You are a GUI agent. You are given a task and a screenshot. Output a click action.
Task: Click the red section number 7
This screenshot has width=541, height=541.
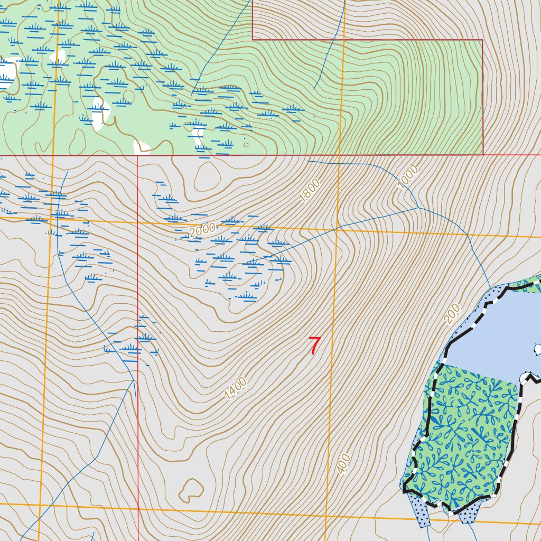pyautogui.click(x=314, y=346)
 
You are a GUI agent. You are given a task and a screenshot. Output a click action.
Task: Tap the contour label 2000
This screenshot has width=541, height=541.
pyautogui.click(x=203, y=230)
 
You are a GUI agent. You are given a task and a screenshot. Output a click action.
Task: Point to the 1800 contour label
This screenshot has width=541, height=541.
pyautogui.click(x=310, y=191)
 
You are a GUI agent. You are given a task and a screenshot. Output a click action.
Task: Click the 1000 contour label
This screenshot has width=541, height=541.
pyautogui.click(x=407, y=177)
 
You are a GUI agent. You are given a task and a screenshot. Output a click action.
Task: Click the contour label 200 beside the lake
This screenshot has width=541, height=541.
pyautogui.click(x=452, y=314)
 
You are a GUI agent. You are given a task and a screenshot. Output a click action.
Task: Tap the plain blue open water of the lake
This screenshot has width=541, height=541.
pyautogui.click(x=491, y=338)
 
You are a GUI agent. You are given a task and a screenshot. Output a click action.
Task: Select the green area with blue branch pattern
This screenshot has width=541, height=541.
pyautogui.click(x=465, y=433)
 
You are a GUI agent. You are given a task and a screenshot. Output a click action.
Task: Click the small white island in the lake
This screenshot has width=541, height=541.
pyautogui.click(x=538, y=349)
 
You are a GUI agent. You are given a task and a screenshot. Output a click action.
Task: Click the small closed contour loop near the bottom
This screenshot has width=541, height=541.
pyautogui.click(x=191, y=490)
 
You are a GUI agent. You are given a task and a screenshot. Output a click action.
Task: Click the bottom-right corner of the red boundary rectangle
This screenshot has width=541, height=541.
pyautogui.click(x=483, y=155)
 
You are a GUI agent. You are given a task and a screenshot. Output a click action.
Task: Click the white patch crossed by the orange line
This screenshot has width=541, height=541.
pyautogui.click(x=58, y=57)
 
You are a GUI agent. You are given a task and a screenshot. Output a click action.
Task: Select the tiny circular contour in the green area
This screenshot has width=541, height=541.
pyautogui.click(x=246, y=144)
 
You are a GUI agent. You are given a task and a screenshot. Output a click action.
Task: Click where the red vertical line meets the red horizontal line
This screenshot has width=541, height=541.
pyautogui.click(x=137, y=155)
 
